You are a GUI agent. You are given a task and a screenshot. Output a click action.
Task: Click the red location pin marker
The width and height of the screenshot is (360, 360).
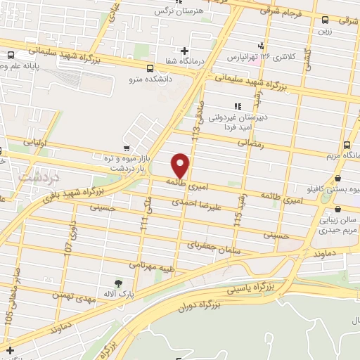tap(181, 165)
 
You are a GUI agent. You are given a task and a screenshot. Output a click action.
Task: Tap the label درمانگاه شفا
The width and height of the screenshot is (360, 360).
tap(184, 61)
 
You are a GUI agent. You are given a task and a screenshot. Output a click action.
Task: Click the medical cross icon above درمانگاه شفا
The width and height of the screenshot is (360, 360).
tap(184, 51)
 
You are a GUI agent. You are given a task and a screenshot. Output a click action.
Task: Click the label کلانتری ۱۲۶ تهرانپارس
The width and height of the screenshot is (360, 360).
tap(252, 56)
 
